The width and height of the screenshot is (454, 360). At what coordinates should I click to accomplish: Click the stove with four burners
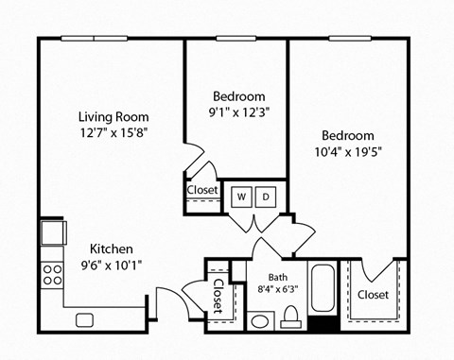pyautogui.click(x=50, y=275)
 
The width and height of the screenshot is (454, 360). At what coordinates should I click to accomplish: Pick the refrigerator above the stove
pyautogui.click(x=51, y=231)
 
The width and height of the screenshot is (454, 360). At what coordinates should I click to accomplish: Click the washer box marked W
pyautogui.click(x=242, y=197)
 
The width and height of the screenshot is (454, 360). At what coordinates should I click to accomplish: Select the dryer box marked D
pyautogui.click(x=267, y=197)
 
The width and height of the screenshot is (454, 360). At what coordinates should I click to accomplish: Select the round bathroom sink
pyautogui.click(x=259, y=321)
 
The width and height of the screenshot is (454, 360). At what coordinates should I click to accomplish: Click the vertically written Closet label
pyautogui.click(x=218, y=295)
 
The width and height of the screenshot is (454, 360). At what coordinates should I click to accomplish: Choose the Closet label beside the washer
pyautogui.click(x=202, y=190)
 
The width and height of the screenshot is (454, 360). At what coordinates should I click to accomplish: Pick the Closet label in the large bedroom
pyautogui.click(x=374, y=295)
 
